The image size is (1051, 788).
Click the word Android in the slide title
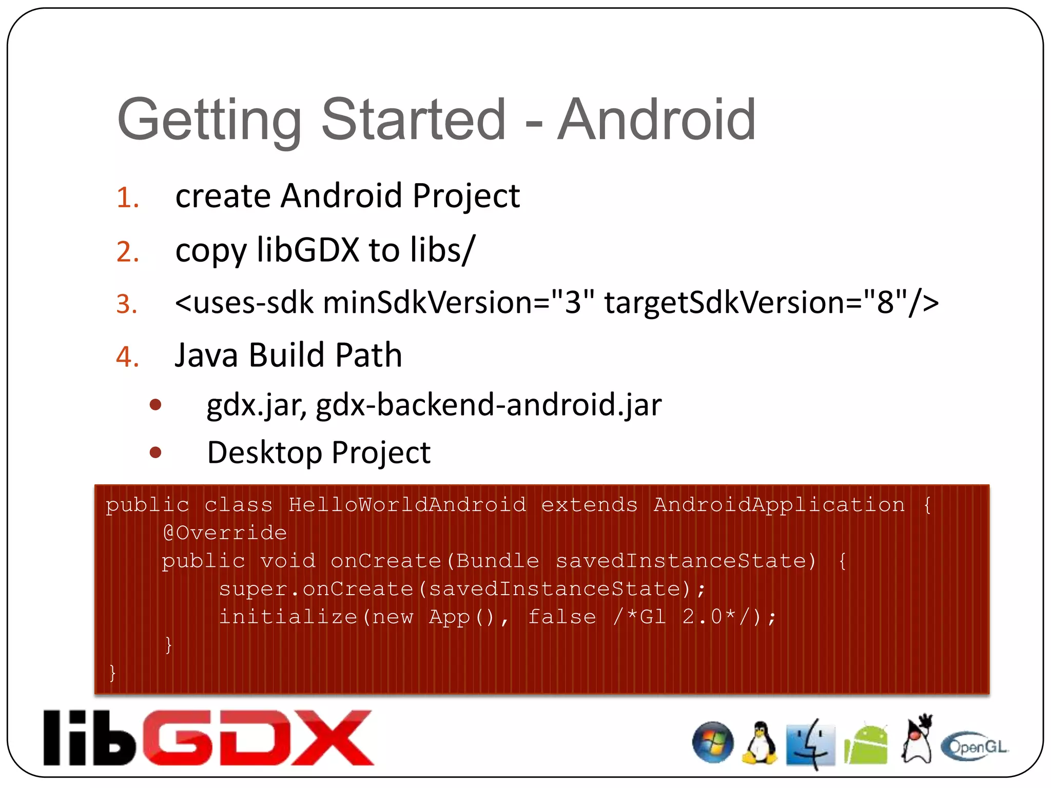pyautogui.click(x=656, y=120)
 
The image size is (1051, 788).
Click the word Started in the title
pyautogui.click(x=414, y=120)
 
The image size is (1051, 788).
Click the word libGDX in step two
pyautogui.click(x=308, y=250)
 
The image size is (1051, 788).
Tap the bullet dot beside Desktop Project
pyautogui.click(x=155, y=452)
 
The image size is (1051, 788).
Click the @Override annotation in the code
pyautogui.click(x=225, y=533)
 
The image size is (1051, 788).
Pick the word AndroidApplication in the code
pyautogui.click(x=778, y=505)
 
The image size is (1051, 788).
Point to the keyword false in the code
pyautogui.click(x=562, y=617)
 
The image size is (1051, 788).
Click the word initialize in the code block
pyautogui.click(x=288, y=617)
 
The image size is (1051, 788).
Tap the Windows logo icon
pyautogui.click(x=712, y=742)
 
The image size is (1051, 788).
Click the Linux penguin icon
pyautogui.click(x=759, y=743)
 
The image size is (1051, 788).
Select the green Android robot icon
pyautogui.click(x=866, y=744)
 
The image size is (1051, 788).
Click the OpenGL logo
pyautogui.click(x=975, y=746)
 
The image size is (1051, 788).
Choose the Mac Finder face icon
pyautogui.click(x=811, y=744)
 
